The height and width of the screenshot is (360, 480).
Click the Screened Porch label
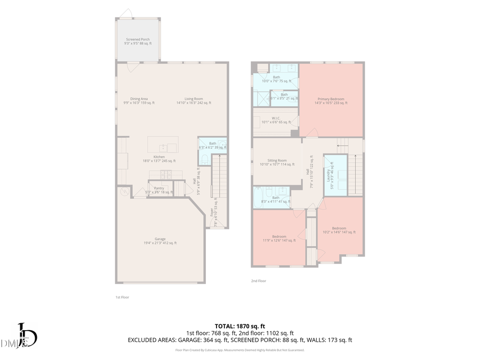pyautogui.click(x=138, y=41)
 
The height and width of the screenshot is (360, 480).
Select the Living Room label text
pyautogui.click(x=194, y=101)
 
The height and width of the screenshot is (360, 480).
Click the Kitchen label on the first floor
pyautogui.click(x=159, y=158)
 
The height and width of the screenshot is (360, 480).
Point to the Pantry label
pyautogui.click(x=159, y=189)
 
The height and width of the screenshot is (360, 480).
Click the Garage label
pyautogui.click(x=160, y=241)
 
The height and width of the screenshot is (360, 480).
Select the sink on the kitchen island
pyautogui.click(x=164, y=147)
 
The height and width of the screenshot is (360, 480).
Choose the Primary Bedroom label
pyautogui.click(x=331, y=101)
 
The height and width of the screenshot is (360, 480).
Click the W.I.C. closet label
pyautogui.click(x=276, y=121)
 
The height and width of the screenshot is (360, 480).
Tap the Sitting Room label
pyautogui.click(x=277, y=162)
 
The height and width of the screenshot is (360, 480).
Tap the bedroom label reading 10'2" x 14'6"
pyautogui.click(x=339, y=230)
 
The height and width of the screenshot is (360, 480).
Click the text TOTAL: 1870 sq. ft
pyautogui.click(x=239, y=326)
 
